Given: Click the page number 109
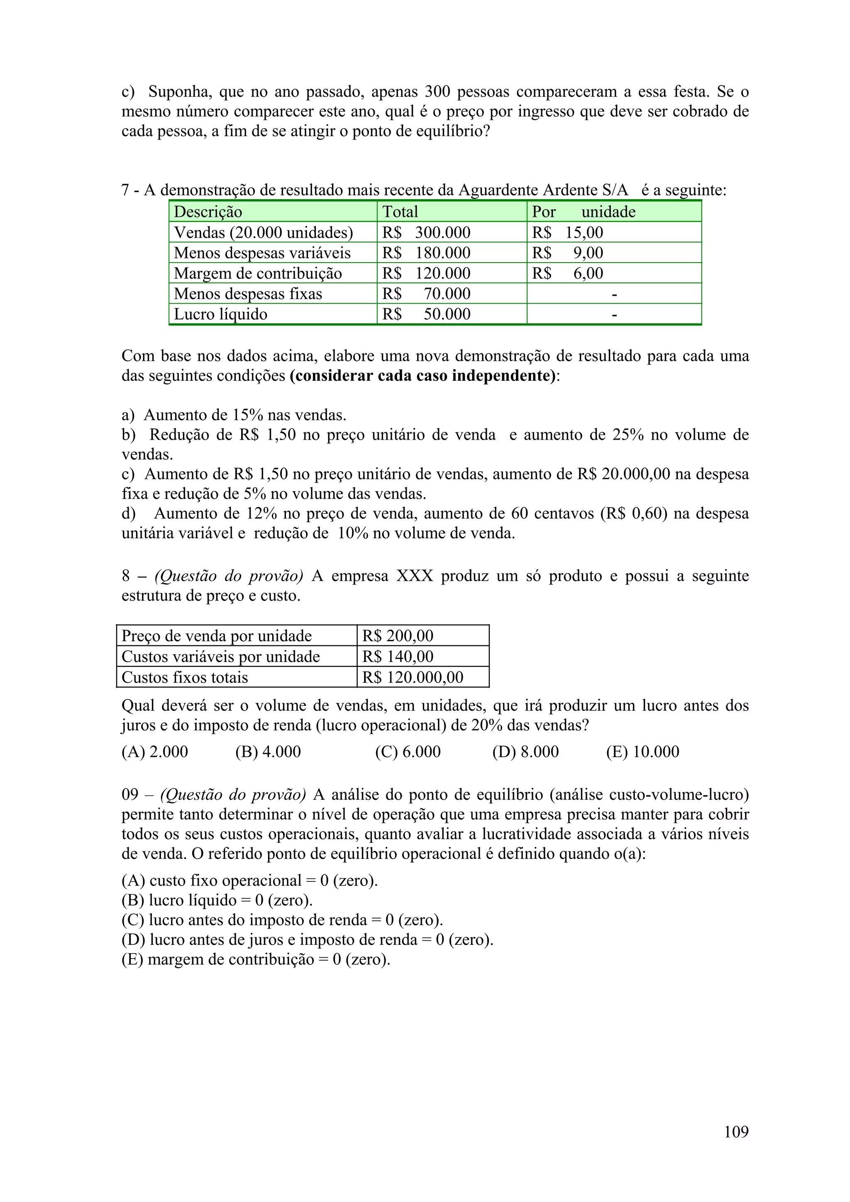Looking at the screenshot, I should pos(736,1131).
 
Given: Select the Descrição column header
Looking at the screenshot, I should pos(208,212).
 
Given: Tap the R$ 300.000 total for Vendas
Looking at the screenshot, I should pos(426,232).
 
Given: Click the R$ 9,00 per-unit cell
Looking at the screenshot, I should pos(568,253).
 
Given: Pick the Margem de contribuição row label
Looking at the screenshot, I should pos(258,273).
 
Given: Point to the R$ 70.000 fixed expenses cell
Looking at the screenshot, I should pos(426,294).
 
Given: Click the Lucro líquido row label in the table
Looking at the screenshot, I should pos(220,314).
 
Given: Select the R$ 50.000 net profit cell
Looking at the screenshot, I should pos(426,314).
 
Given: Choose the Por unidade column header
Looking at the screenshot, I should pos(584,212).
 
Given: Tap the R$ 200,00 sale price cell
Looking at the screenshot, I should pos(398,635).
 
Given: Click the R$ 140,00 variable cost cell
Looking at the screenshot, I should pos(398,656).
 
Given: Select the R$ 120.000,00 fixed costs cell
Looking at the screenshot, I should pos(413,677).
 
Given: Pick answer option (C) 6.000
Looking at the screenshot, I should pos(408,752).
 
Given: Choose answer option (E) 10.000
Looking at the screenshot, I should pos(642,752).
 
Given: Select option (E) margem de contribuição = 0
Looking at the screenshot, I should pos(256,959).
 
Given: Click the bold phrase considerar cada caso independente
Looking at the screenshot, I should pos(423,376).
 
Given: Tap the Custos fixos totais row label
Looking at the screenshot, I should pos(184,677).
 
